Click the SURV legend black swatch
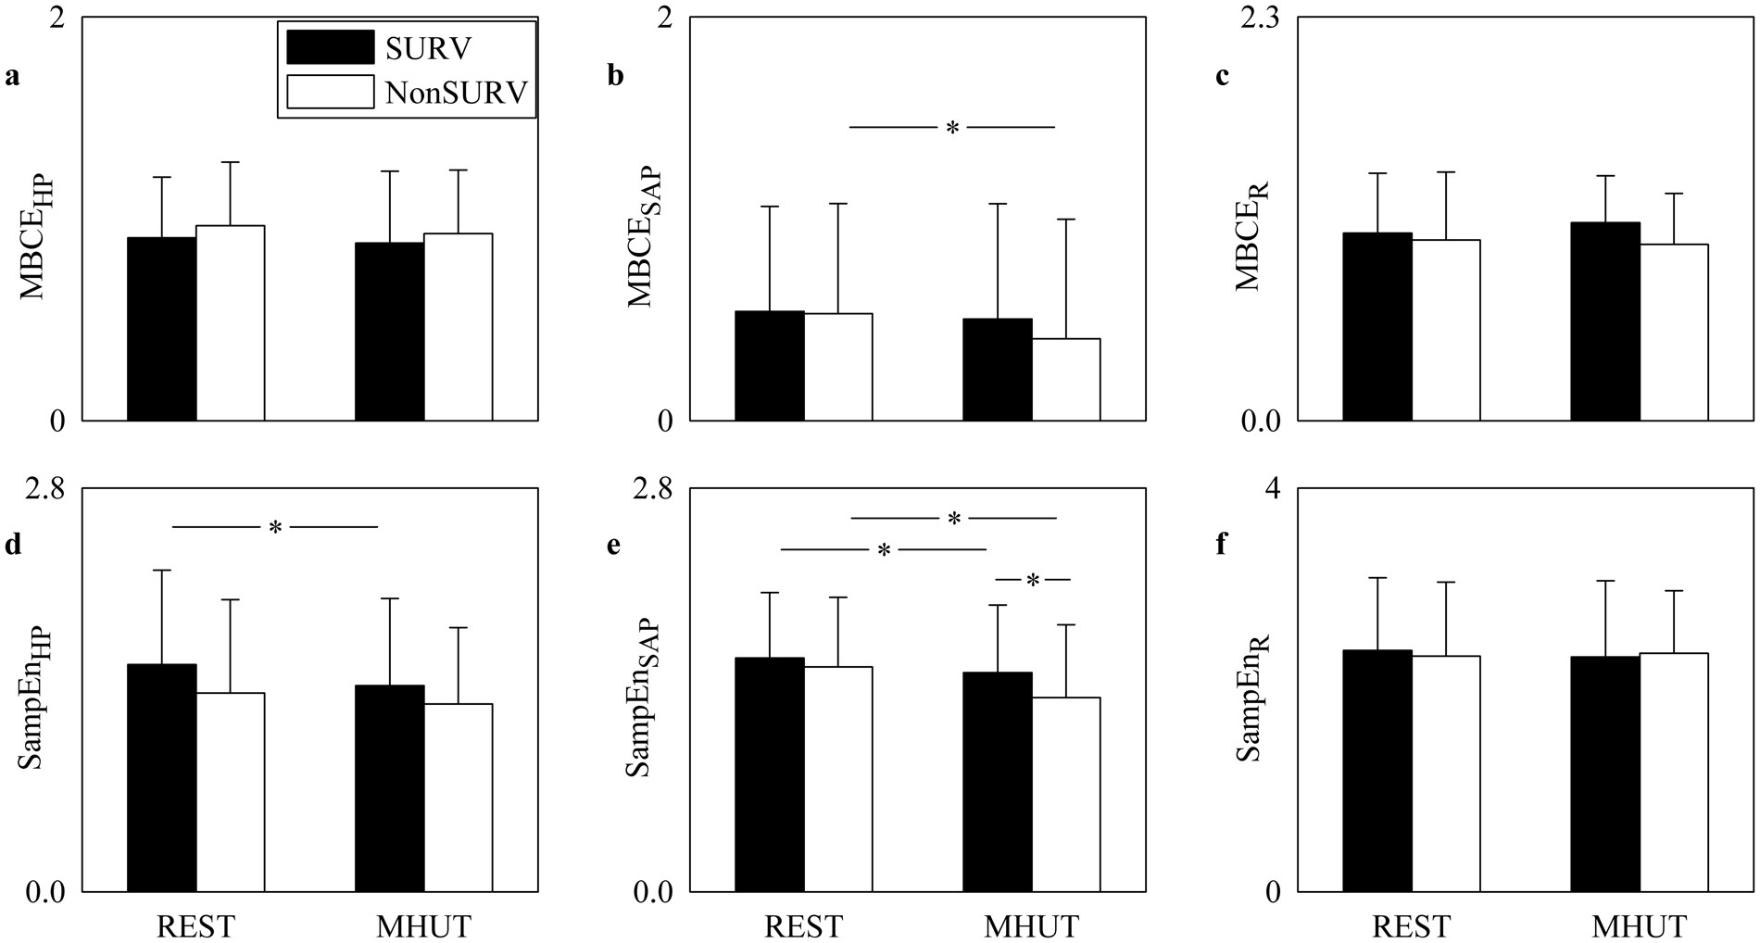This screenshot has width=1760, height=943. tap(330, 47)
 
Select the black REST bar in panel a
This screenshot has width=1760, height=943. tap(161, 329)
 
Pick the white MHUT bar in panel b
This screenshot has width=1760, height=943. tap(1066, 380)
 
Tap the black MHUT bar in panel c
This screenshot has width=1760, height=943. tap(1605, 321)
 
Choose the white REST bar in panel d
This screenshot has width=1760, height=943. tap(231, 792)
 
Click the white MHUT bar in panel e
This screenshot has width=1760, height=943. tap(1066, 794)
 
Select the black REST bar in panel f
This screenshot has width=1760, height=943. tap(1378, 771)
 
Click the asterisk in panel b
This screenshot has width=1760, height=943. tap(952, 128)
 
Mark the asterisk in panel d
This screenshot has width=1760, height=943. tap(275, 528)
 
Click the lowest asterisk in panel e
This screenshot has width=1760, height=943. tap(1033, 581)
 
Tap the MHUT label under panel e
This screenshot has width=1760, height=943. tap(1031, 926)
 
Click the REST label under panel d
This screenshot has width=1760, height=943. tap(195, 926)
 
